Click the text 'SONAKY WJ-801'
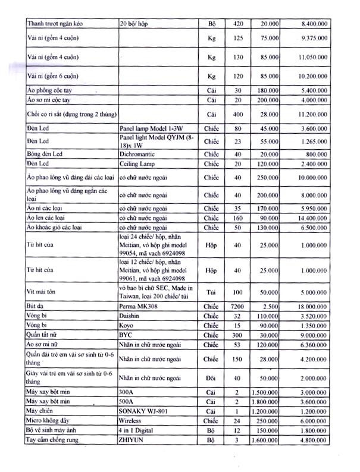pyautogui.click(x=141, y=411)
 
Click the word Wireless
pyautogui.click(x=132, y=420)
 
